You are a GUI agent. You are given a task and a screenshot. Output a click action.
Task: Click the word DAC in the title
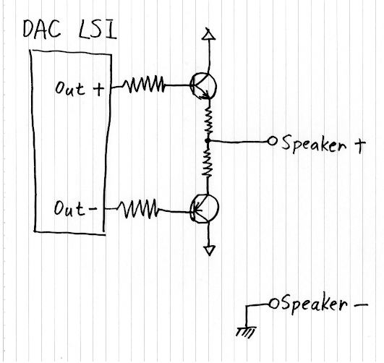pos(42,29)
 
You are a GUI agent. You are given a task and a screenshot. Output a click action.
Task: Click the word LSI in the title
pos(98,30)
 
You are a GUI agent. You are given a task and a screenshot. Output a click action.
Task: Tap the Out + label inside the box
pos(80,88)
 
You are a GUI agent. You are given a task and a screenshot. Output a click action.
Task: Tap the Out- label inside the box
pos(75,208)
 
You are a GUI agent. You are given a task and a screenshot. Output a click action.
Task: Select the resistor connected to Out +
pos(143,85)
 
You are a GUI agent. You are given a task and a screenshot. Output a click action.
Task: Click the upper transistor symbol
pos(203,86)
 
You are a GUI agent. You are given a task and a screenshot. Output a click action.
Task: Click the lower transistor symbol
pos(205,208)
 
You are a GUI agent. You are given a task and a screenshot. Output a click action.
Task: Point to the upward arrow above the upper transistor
pos(209,50)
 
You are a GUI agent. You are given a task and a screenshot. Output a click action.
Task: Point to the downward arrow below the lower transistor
pos(209,239)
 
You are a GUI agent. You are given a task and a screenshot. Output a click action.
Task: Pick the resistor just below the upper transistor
pos(209,119)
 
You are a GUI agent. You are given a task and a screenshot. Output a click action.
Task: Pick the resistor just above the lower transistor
pos(207,162)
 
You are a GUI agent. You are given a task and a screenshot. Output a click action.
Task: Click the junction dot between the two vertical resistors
pos(208,141)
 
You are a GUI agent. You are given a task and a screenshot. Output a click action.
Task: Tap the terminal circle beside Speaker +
pos(272,141)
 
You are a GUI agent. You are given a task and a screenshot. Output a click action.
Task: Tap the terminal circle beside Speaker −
pos(274,304)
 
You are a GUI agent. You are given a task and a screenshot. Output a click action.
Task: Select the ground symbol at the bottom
pos(246,331)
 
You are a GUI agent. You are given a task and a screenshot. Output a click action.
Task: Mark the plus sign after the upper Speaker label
pos(359,145)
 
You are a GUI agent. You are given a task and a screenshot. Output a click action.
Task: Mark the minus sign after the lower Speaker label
pos(361,304)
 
